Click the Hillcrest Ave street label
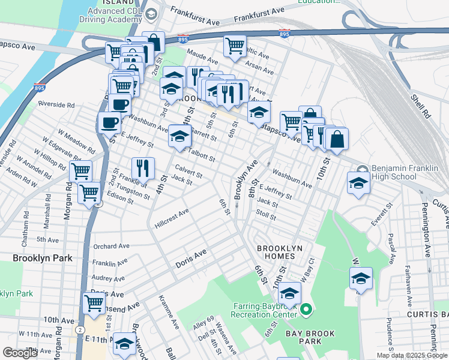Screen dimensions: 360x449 (172, 216)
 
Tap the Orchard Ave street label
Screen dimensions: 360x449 (111, 246)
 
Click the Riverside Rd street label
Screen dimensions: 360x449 (56, 104)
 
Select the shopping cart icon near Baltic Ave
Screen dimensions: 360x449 (235, 45)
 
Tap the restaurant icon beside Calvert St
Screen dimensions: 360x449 (143, 167)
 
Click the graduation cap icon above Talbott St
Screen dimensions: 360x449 (179, 136)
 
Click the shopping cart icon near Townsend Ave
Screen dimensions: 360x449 (94, 303)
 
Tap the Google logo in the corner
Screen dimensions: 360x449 (20, 353)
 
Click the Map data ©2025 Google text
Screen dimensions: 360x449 (411, 355)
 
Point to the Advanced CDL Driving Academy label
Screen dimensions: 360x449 (115, 12)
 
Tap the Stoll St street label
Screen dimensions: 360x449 (265, 214)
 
